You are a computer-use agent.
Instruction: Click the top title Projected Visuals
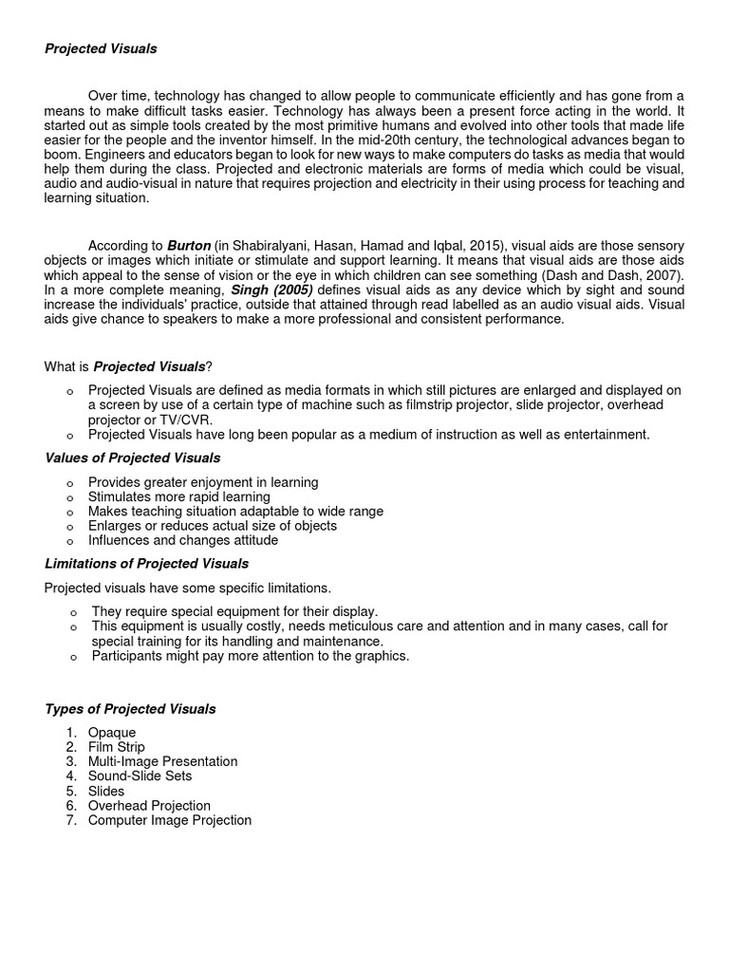pos(101,48)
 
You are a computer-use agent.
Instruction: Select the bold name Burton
pos(189,244)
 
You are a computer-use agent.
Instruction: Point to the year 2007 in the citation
pos(664,274)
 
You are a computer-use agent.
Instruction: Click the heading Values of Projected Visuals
pos(132,458)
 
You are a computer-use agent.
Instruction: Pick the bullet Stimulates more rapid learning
pos(178,496)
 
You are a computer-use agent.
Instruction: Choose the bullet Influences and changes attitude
pos(183,540)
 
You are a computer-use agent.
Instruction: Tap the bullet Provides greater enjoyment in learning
pos(203,482)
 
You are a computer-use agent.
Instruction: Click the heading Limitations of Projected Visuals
pos(146,564)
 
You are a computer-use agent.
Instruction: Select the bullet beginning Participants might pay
pos(251,656)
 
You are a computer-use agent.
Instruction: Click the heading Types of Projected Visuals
pos(130,709)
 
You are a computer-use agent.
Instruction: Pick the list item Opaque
pos(112,733)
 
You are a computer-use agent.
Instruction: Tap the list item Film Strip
pos(116,747)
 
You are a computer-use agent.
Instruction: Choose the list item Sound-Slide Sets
pos(140,776)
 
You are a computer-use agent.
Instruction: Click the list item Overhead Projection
pos(149,806)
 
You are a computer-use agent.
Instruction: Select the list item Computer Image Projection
pos(170,820)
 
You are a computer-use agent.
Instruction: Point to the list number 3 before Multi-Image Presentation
pos(71,762)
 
